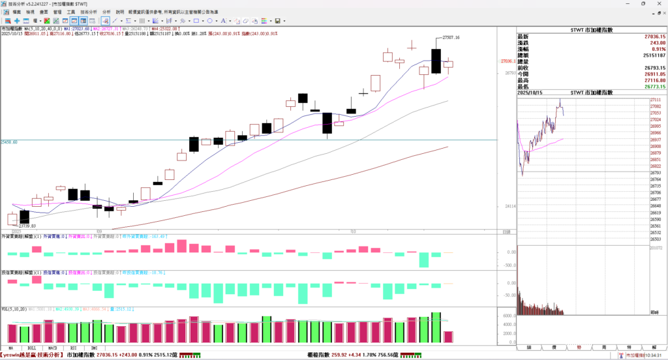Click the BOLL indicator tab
tap(31, 348)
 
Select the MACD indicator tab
tap(53, 348)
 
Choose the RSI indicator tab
tap(74, 348)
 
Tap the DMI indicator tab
tap(95, 348)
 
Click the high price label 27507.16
tap(451, 38)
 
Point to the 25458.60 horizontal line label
tap(9, 142)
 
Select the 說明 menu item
tap(119, 12)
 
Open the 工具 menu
tap(70, 12)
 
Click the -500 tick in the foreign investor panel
tap(509, 265)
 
